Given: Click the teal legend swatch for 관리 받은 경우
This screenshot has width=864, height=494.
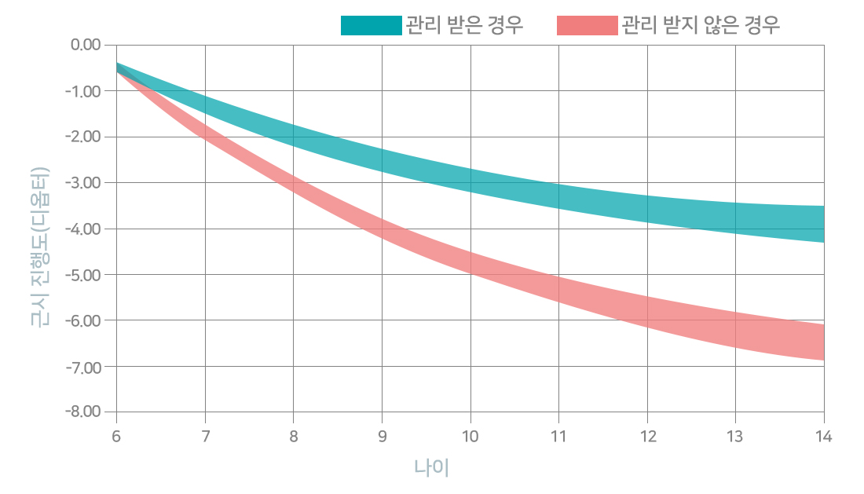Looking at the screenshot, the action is pos(372,25).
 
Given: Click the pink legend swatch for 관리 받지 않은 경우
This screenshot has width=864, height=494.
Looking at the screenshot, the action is pos(588,25).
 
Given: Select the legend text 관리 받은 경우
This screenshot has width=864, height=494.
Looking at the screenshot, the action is pos(464,25).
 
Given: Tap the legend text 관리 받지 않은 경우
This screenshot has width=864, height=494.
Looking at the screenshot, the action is pos(701,25).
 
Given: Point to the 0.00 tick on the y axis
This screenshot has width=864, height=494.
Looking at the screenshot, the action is pos(86,45).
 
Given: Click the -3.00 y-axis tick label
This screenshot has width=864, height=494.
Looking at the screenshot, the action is pos(83,182).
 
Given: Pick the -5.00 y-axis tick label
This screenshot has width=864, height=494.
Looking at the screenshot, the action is pos(83,274).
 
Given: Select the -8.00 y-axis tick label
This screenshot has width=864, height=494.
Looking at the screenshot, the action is pos(83,412).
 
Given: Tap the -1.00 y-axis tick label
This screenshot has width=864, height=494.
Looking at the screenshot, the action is pos(83,91).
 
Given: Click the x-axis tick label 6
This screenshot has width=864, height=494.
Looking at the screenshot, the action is pos(116,437).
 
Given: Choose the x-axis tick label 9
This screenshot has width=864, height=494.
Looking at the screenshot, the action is pos(382,437).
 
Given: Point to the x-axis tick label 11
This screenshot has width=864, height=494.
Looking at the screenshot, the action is pos(558,437).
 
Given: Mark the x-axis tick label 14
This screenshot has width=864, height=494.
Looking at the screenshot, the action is pos(824,437).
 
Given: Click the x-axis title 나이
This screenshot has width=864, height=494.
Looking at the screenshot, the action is pos(431,467).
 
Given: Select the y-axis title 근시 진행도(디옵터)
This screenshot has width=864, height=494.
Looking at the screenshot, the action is pos(40,247).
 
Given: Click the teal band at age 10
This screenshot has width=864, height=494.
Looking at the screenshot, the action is pos(470,181).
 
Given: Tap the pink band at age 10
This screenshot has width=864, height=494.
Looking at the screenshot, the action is pos(470,262).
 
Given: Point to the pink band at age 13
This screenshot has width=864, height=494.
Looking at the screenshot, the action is pos(736,330).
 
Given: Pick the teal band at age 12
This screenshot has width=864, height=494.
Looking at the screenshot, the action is pos(647,209).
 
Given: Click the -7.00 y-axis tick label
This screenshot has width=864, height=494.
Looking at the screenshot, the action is pos(83,367).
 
